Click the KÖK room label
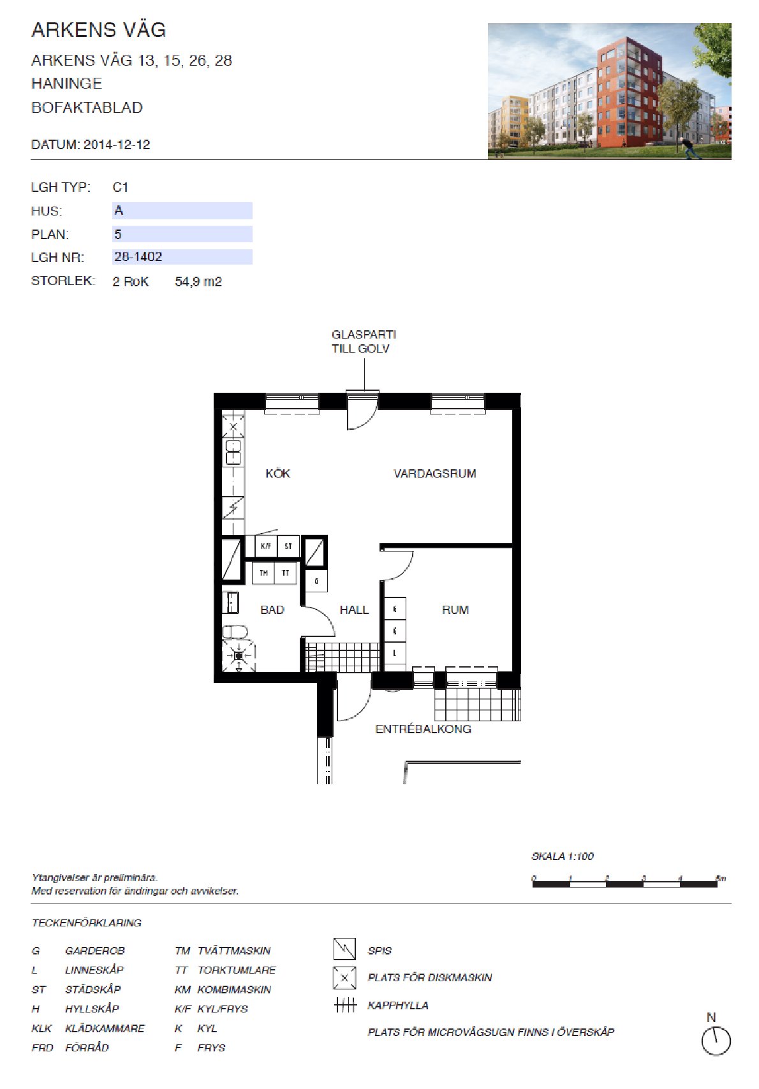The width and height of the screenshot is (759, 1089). [277, 474]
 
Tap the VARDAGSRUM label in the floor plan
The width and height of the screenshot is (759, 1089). [435, 474]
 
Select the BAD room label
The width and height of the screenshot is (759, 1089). [272, 610]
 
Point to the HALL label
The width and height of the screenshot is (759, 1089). [354, 610]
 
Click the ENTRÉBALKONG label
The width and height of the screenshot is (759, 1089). [423, 729]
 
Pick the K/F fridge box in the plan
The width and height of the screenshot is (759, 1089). [266, 546]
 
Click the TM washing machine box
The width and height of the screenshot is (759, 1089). [263, 573]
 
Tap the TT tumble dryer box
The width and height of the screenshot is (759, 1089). [285, 573]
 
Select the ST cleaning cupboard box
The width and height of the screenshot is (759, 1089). [288, 546]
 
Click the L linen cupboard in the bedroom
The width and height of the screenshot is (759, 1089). [395, 653]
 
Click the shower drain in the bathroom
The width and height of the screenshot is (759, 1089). [239, 656]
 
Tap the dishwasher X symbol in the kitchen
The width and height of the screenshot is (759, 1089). [233, 427]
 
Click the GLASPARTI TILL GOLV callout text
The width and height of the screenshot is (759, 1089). [364, 341]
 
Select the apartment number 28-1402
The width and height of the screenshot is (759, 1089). [138, 257]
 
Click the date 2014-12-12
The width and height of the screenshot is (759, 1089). [117, 144]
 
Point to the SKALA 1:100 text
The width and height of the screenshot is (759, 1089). [563, 856]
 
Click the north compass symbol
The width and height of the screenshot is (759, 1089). [716, 1041]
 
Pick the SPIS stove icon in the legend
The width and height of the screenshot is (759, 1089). [344, 949]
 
